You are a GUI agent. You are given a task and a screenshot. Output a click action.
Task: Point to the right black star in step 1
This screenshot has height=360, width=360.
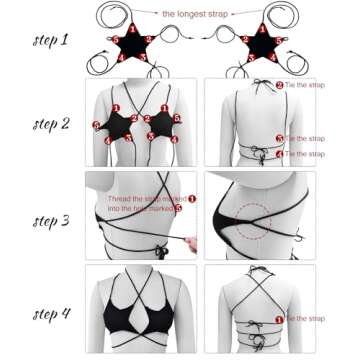(x=263, y=45)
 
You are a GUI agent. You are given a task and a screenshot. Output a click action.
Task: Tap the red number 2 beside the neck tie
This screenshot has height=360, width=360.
(x=280, y=85)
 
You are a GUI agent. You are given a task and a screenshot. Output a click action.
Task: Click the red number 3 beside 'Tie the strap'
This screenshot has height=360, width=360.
(x=280, y=138)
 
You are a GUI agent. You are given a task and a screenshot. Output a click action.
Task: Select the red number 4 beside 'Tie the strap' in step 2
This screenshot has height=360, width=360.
(x=280, y=154)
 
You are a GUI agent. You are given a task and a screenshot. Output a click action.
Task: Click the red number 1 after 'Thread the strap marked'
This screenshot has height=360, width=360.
(x=192, y=198)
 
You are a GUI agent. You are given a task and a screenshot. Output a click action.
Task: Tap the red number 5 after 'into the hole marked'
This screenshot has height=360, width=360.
(x=178, y=208)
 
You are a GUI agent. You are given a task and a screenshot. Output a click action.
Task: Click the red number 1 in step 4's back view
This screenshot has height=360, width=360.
(x=280, y=318)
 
